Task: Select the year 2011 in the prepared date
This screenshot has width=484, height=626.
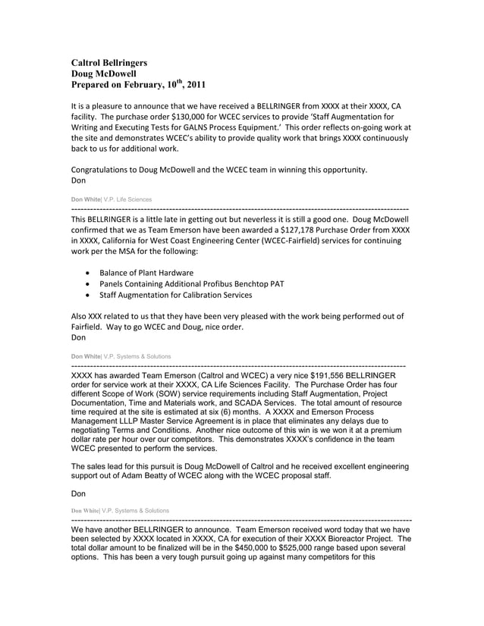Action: pos(192,85)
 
